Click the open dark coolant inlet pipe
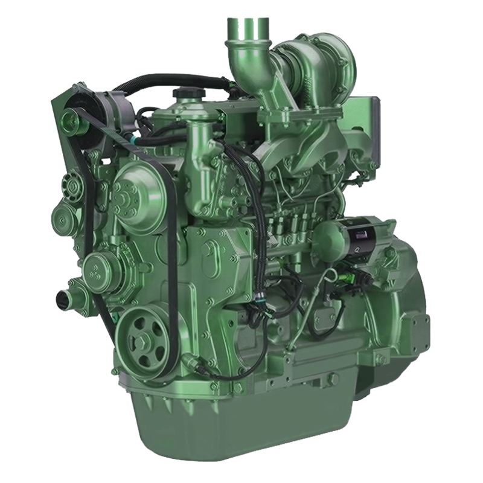[x=62, y=297]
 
